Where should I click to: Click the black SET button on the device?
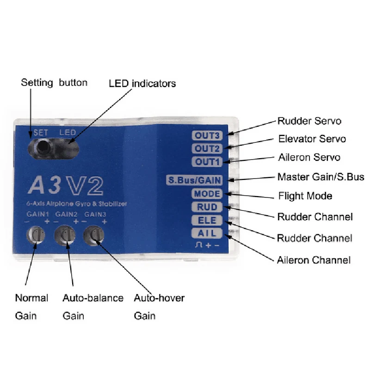pos(43,147)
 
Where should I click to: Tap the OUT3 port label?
pos(207,136)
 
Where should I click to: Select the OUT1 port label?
pos(207,162)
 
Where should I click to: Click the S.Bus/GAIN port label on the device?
pos(194,180)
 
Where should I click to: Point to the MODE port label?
pos(207,194)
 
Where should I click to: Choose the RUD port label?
pos(207,207)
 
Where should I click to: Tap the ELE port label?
pos(207,220)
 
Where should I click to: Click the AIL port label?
pos(207,233)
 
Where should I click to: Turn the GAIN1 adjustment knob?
pos(36,235)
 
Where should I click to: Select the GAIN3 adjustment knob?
pos(94,235)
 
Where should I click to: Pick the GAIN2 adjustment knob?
pos(65,235)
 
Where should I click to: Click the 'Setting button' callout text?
pos(54,83)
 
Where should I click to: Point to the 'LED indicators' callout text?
pos(142,84)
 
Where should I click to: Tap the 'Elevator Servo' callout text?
pos(312,139)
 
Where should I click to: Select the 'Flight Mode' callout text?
pos(305,196)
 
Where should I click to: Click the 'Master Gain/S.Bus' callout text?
pos(321,177)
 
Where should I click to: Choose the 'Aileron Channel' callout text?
pos(314,260)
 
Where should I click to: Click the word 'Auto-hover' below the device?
pos(159,298)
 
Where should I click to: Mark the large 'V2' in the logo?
pos(85,186)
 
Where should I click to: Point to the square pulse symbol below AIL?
pos(198,245)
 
